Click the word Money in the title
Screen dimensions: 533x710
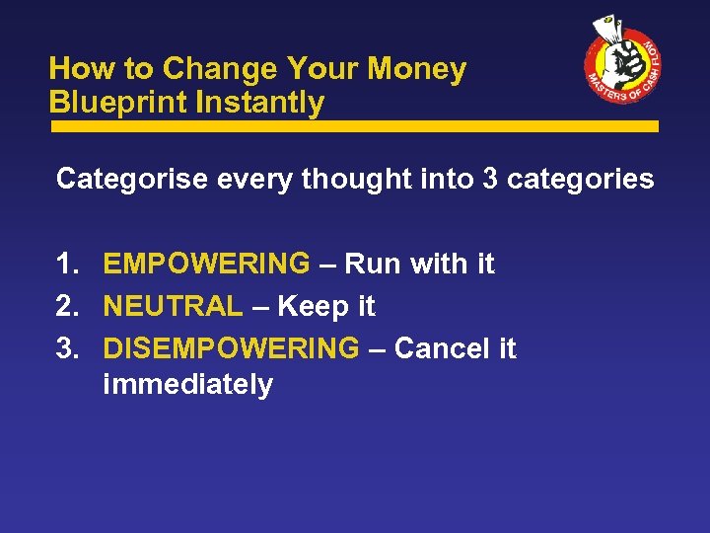(417, 69)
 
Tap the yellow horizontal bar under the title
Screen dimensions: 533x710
(354, 126)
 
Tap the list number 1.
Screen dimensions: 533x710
(67, 265)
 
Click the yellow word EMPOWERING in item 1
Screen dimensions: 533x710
(206, 265)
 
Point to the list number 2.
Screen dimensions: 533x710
(67, 307)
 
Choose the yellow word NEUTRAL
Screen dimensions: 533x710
(173, 307)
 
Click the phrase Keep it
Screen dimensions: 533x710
(326, 307)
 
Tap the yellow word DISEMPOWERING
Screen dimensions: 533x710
(232, 349)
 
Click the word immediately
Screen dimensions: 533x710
(187, 385)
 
